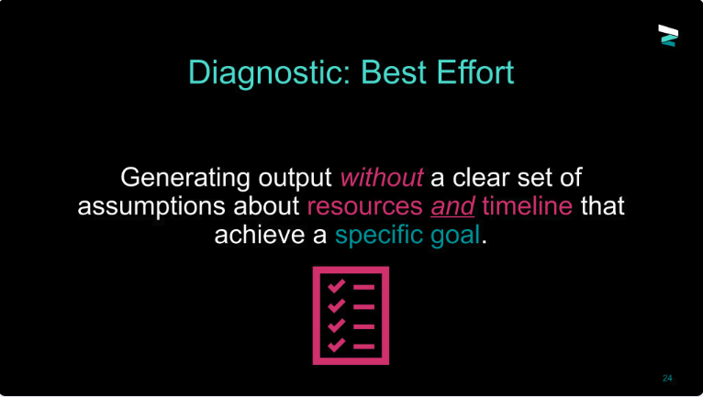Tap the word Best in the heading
pyautogui.click(x=393, y=72)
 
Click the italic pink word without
pyautogui.click(x=382, y=178)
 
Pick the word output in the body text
pyautogui.click(x=295, y=179)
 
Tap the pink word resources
pyautogui.click(x=365, y=206)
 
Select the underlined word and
pyautogui.click(x=452, y=206)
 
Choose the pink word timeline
pyautogui.click(x=527, y=205)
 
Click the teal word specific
pyautogui.click(x=379, y=236)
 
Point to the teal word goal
pyautogui.click(x=455, y=236)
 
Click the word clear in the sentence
pyautogui.click(x=481, y=178)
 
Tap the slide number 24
pyautogui.click(x=667, y=378)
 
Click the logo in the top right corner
pyautogui.click(x=668, y=36)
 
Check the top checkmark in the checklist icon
pyautogui.click(x=336, y=286)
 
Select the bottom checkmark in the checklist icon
pyautogui.click(x=336, y=345)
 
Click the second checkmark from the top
pyautogui.click(x=336, y=305)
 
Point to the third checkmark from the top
pyautogui.click(x=336, y=325)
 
